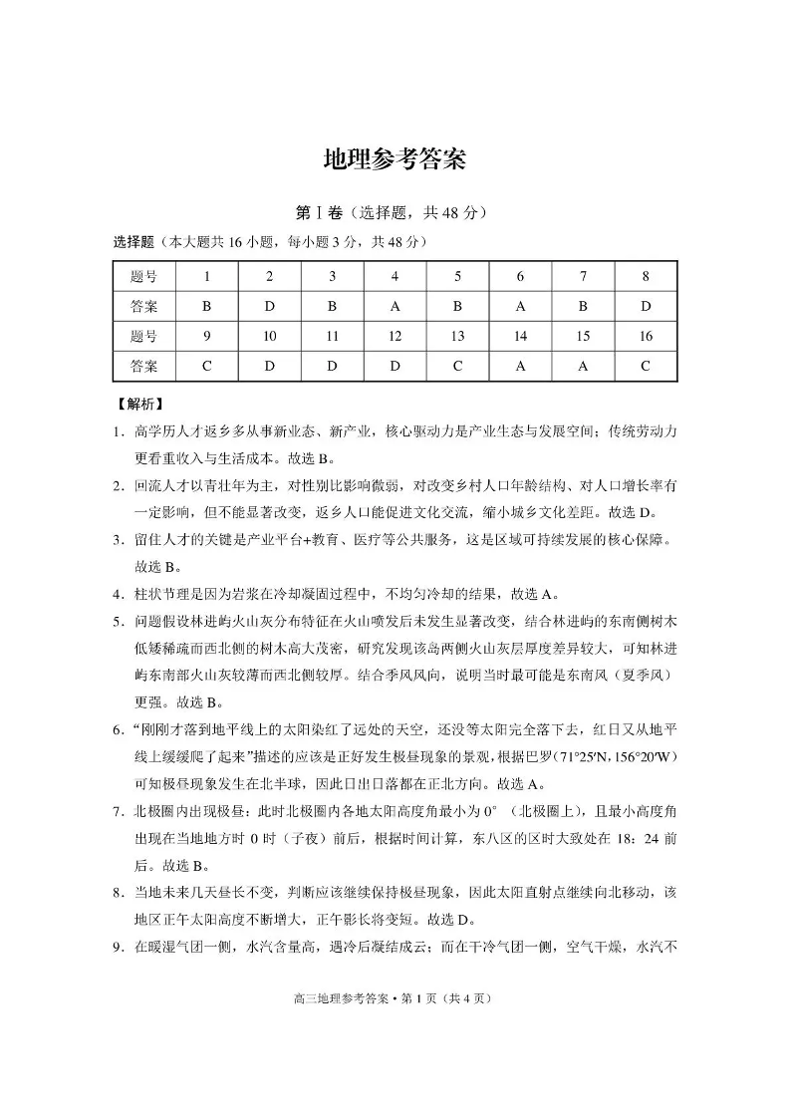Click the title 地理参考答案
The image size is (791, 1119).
(395, 160)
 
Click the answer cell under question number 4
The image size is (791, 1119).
(395, 307)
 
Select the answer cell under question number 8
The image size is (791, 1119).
(646, 307)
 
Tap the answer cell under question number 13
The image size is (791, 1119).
(457, 366)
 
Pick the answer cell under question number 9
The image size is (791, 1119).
(206, 366)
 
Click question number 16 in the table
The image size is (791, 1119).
(646, 337)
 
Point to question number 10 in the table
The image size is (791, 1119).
(269, 337)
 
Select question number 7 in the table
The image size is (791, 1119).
(583, 277)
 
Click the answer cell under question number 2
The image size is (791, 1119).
(269, 307)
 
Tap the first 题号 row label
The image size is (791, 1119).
(143, 277)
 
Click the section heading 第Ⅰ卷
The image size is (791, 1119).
(319, 213)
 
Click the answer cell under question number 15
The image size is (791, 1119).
(583, 366)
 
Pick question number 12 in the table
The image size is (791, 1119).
(395, 337)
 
